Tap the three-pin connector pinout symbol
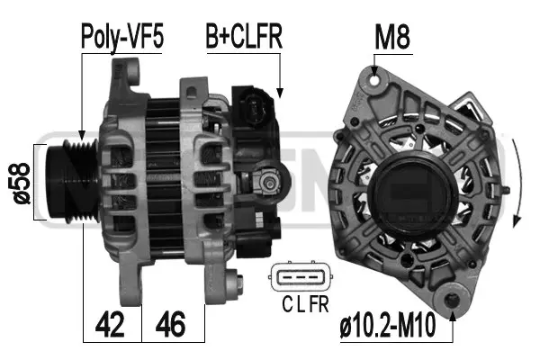(297, 278)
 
